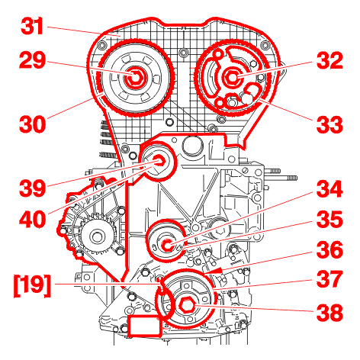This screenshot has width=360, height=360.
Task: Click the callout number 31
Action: [32, 26]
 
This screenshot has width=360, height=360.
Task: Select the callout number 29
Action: [32, 60]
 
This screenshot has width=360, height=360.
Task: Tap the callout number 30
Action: [32, 124]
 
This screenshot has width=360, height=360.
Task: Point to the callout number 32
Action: [329, 60]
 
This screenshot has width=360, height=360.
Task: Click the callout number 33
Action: [329, 124]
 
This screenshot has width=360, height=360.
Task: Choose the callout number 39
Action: [32, 188]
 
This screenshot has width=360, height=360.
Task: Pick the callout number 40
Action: [32, 219]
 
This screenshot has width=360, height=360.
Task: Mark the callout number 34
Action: [329, 189]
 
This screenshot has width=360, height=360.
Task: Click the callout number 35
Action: [329, 220]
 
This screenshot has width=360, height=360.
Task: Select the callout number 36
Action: [329, 249]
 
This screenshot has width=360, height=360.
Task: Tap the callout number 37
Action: [329, 279]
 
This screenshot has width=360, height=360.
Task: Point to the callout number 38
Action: [329, 312]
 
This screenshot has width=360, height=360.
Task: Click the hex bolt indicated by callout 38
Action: [186, 304]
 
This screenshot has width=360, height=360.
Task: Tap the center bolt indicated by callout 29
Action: [134, 77]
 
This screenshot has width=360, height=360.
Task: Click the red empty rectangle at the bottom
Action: [144, 326]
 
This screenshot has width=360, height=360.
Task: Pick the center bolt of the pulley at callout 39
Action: [160, 161]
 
